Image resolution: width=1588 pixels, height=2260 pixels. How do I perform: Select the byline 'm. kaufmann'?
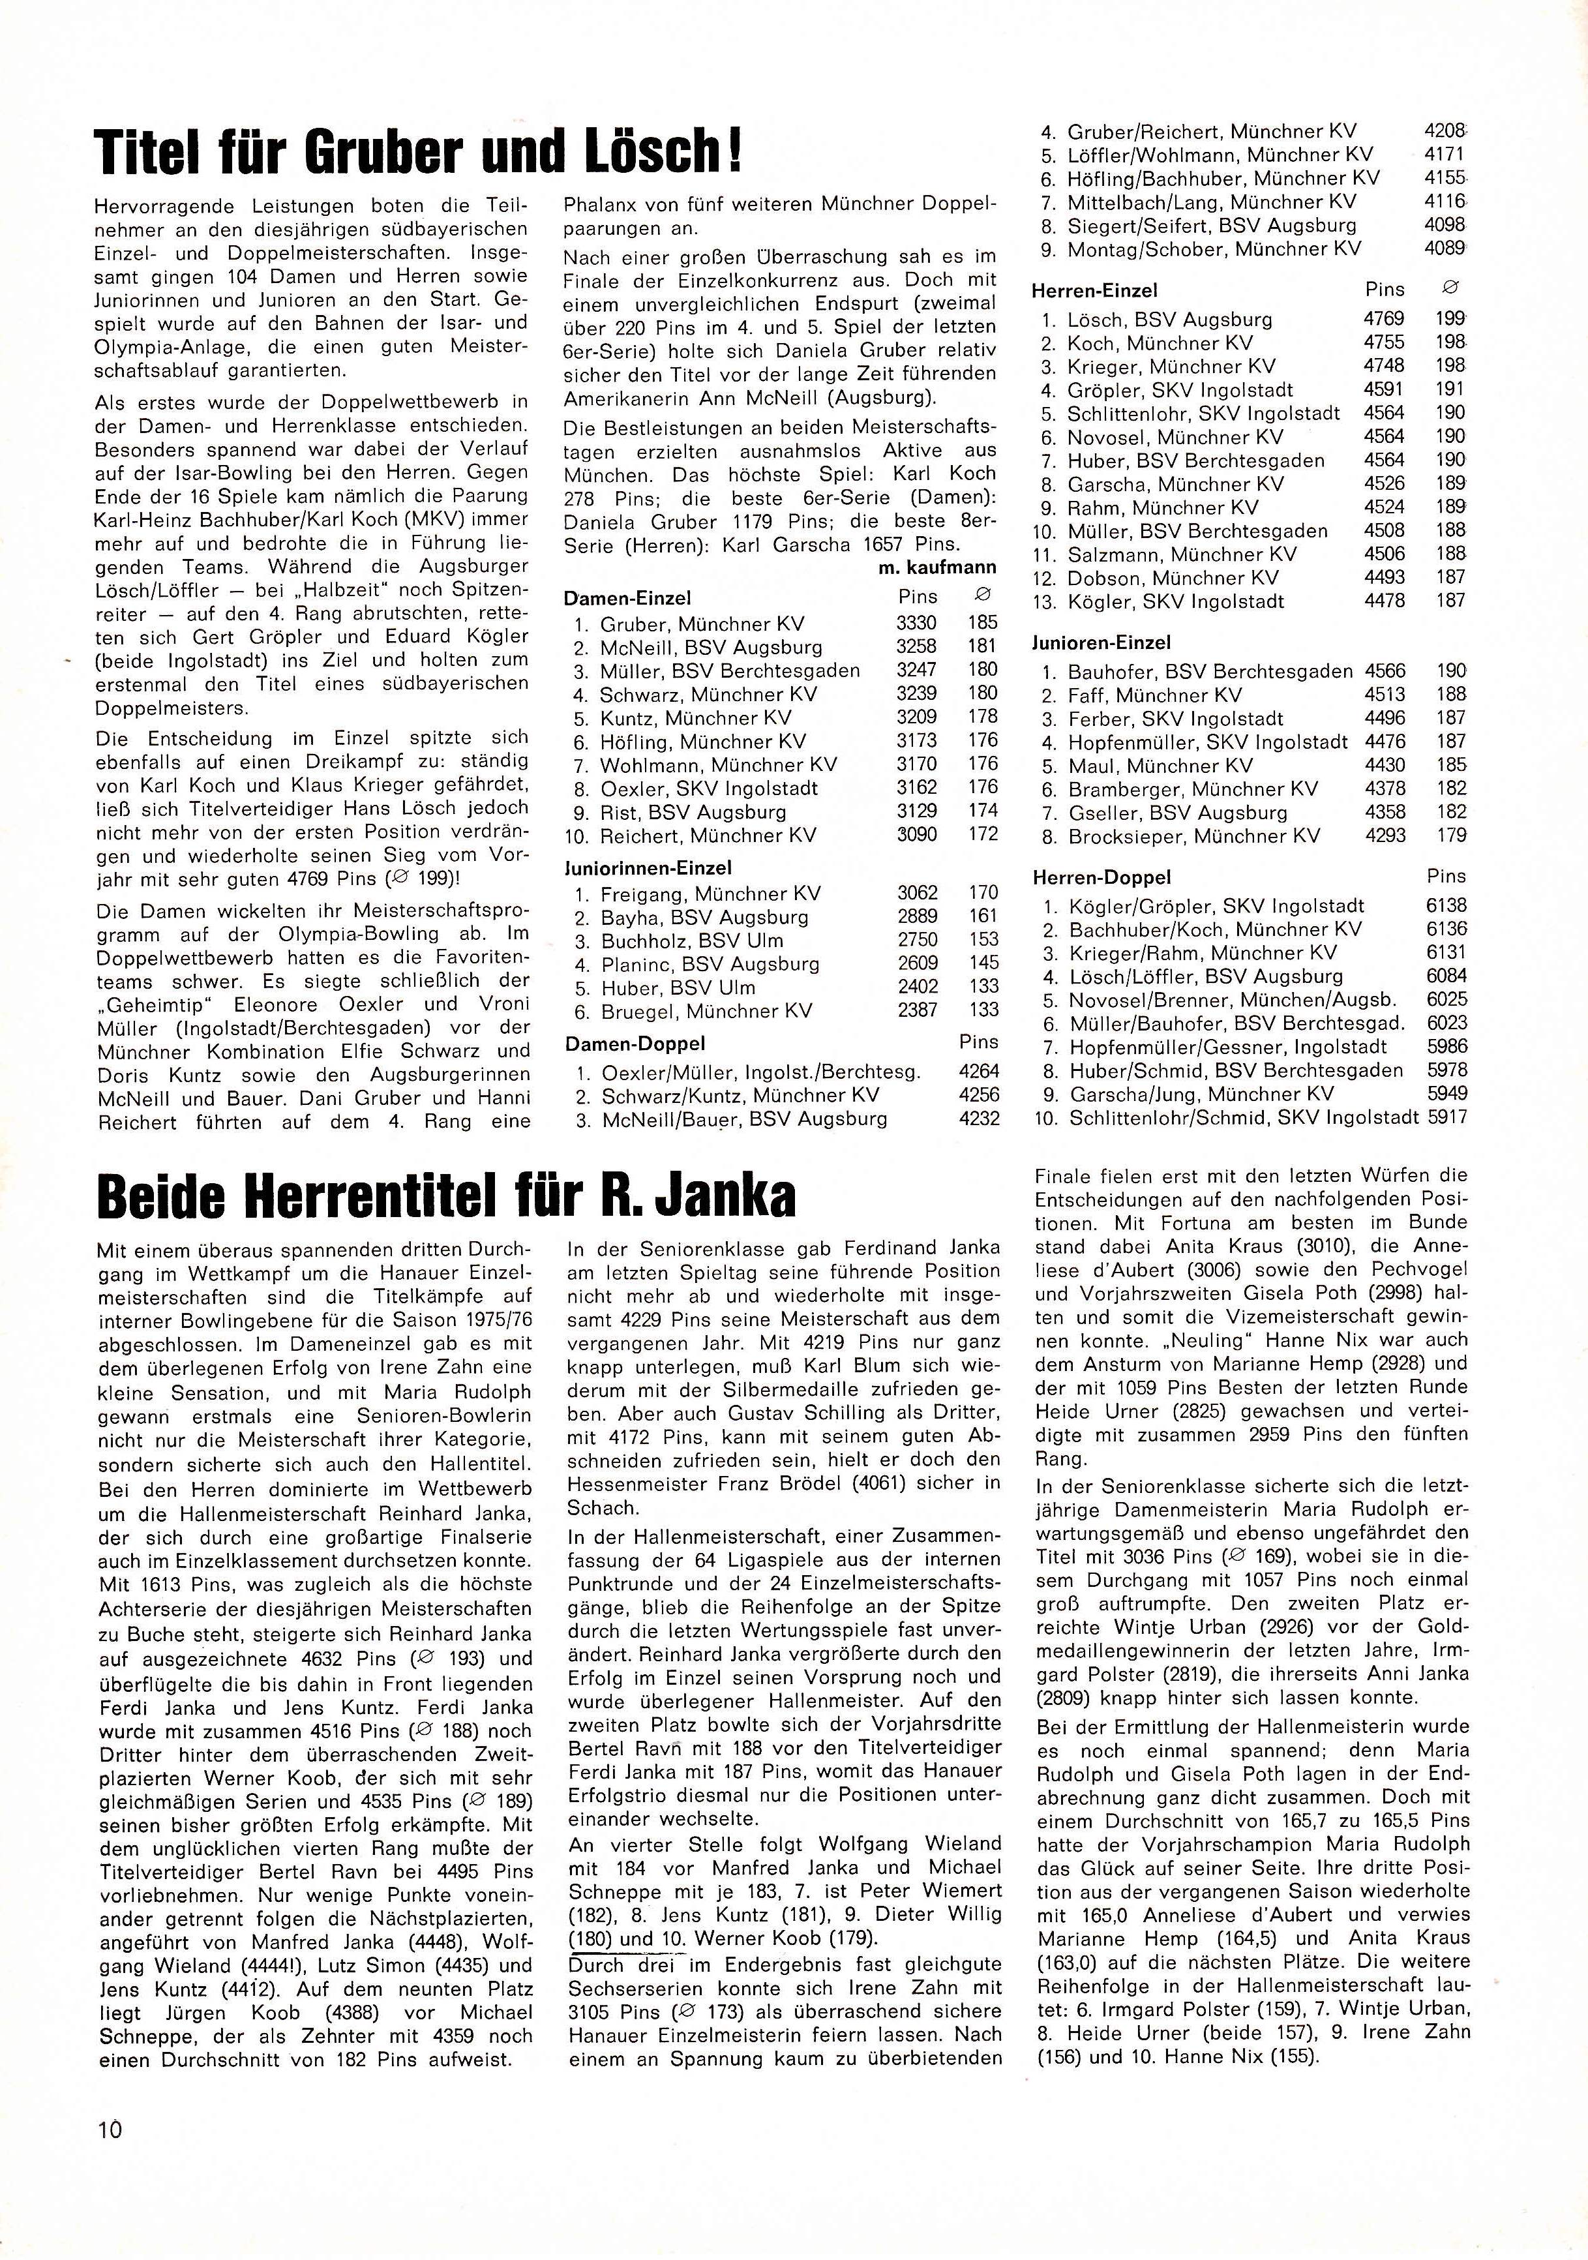pyautogui.click(x=936, y=567)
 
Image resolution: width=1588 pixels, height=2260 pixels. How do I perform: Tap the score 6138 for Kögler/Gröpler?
pyautogui.click(x=1445, y=905)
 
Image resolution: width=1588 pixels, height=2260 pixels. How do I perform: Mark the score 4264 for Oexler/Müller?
pyautogui.click(x=979, y=1071)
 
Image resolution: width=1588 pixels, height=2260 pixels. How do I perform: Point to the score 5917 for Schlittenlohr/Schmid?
pyautogui.click(x=1445, y=1117)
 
